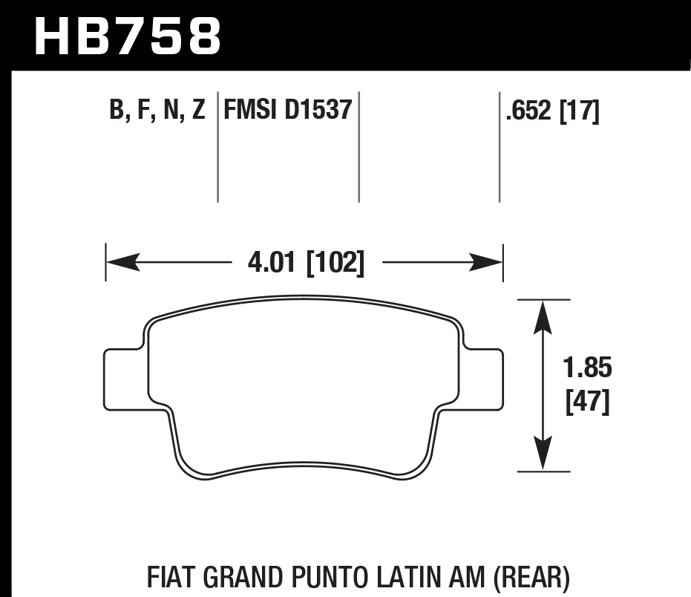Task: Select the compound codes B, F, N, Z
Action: click(x=157, y=111)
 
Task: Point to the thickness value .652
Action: click(x=528, y=111)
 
